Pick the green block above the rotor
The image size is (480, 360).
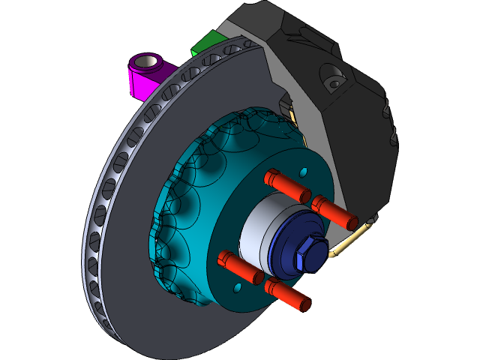(x=206, y=43)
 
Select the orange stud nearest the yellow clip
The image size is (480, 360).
(x=334, y=211)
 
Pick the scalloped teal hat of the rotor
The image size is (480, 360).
(x=187, y=195)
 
